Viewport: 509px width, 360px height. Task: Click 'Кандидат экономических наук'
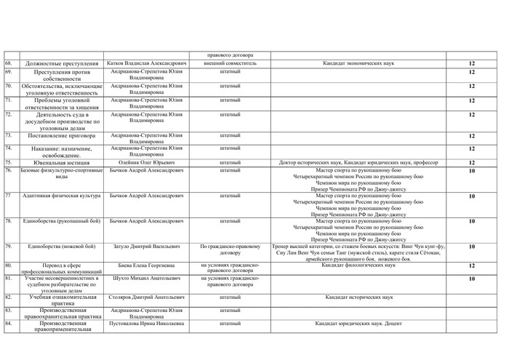coord(358,63)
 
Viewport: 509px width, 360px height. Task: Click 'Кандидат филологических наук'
coord(358,265)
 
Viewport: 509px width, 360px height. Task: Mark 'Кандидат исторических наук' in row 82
coord(358,298)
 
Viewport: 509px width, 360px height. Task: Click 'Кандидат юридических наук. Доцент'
coord(358,323)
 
